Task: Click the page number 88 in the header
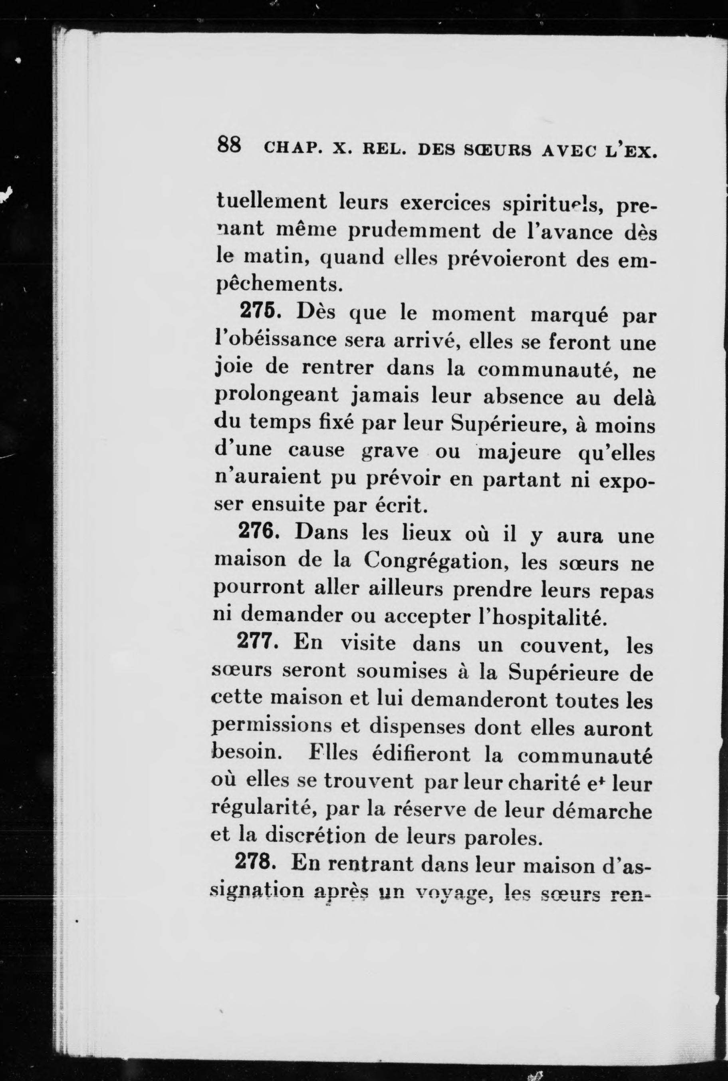click(x=229, y=145)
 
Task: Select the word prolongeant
click(x=276, y=397)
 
